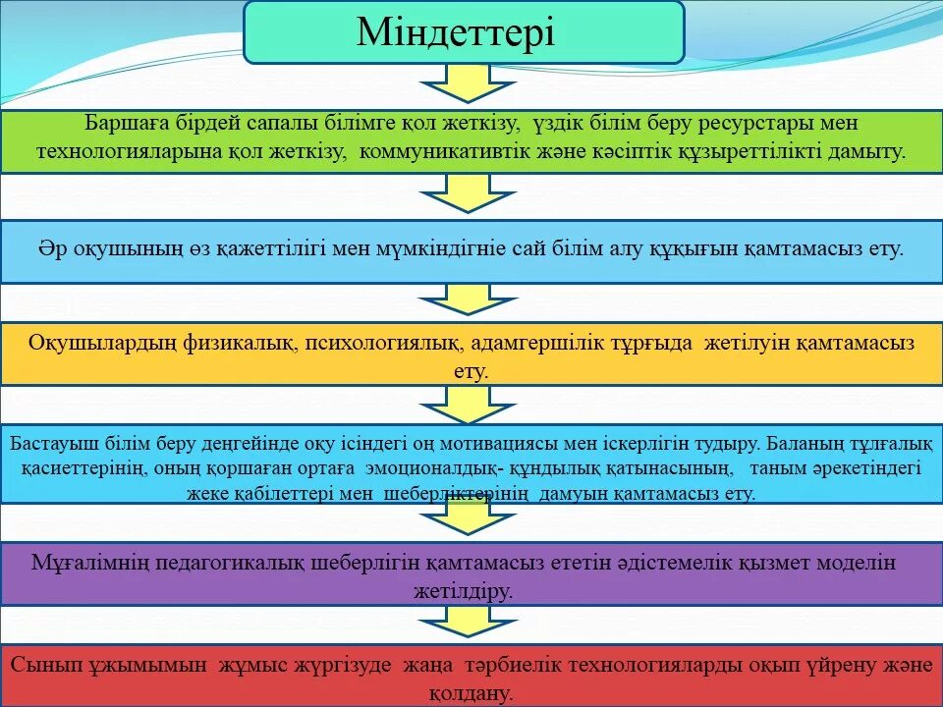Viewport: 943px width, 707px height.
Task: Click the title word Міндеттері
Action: [456, 32]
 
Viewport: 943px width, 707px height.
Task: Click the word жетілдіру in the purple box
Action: [468, 591]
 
